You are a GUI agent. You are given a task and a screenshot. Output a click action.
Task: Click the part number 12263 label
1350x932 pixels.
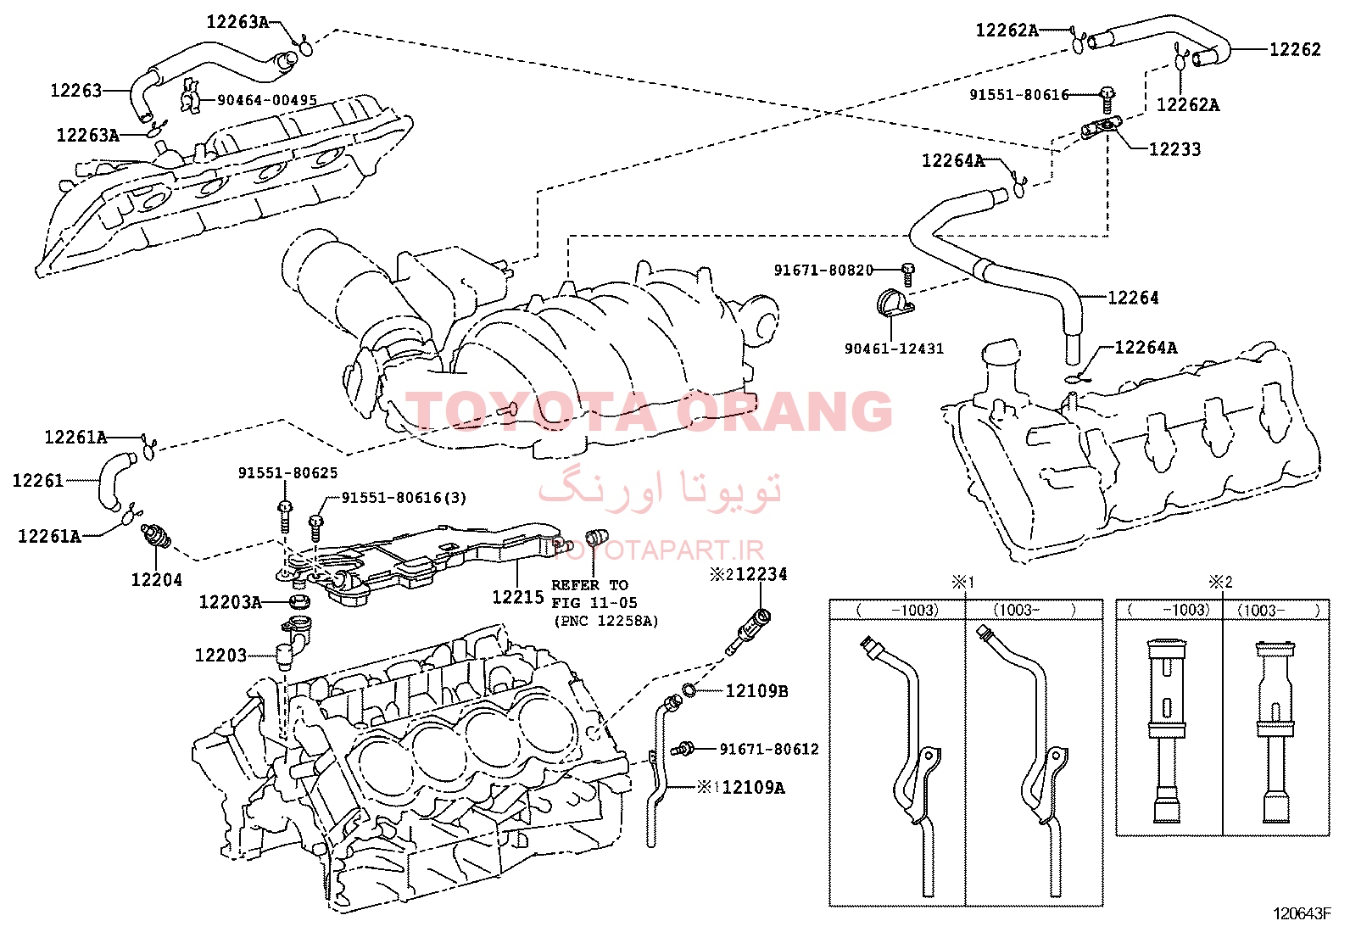coord(76,91)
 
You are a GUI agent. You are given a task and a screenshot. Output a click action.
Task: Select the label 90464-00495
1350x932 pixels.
coord(267,100)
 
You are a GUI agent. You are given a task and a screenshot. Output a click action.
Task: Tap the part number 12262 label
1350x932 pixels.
coord(1295,49)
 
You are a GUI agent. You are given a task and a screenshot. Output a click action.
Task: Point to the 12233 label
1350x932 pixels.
coord(1174,149)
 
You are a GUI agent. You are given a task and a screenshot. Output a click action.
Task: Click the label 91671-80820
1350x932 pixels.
coord(824,270)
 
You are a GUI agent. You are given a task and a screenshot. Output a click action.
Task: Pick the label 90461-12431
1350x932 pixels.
coord(894,349)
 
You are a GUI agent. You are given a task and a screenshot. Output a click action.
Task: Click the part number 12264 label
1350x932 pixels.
coord(1133,297)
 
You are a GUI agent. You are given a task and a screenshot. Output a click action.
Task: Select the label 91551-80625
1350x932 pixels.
coord(287,472)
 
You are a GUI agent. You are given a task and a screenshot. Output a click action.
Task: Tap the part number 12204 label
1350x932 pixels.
coord(156,579)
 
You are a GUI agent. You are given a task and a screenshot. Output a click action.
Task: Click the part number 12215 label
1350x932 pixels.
coord(518,597)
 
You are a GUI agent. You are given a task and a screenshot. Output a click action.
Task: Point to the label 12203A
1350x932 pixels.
coord(230,601)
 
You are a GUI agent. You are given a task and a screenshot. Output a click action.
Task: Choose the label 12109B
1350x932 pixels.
coord(756,691)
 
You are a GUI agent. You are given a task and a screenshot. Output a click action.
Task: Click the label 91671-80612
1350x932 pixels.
coord(769,749)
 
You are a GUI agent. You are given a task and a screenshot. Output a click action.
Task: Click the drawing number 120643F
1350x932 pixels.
coord(1301,914)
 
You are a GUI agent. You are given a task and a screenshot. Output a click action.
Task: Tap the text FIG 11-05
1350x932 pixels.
coord(594,602)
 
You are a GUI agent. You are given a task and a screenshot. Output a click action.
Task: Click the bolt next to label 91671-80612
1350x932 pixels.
coord(683,750)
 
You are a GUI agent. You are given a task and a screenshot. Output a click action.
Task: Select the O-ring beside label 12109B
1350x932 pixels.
coord(689,689)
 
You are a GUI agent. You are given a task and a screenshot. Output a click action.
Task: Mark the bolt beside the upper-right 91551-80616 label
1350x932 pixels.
coord(1107,100)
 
